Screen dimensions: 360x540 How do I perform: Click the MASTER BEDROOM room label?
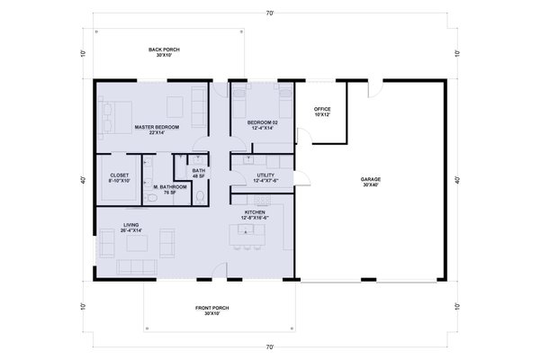(x=157, y=130)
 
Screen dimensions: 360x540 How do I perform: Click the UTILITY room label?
(x=265, y=177)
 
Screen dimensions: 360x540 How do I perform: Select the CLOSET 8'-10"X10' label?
(x=120, y=178)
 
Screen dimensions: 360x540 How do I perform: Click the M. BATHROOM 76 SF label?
(x=168, y=190)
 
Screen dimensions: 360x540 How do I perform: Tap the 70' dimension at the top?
(x=269, y=13)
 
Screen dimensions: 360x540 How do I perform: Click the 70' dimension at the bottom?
(x=269, y=346)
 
